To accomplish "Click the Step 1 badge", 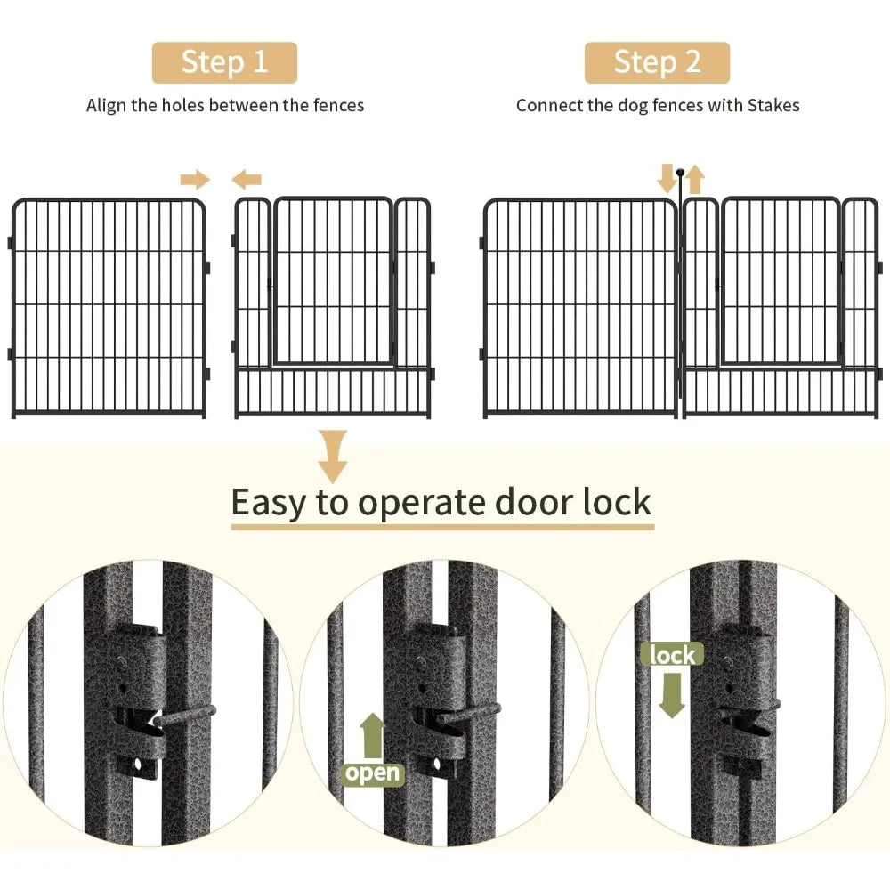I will [x=223, y=62].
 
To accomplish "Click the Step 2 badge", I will [x=656, y=62].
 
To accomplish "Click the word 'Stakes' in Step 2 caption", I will [x=773, y=105].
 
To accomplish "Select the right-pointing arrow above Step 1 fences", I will [x=194, y=181].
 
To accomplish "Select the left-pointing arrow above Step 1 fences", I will [x=247, y=181].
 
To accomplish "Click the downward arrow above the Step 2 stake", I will [x=667, y=178].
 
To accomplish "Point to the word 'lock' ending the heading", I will [x=617, y=502].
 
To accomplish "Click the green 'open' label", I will [x=373, y=773].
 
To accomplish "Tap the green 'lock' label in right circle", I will [x=672, y=655].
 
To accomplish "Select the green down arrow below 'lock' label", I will [x=672, y=693].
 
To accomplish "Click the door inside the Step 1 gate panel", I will [x=332, y=280].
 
